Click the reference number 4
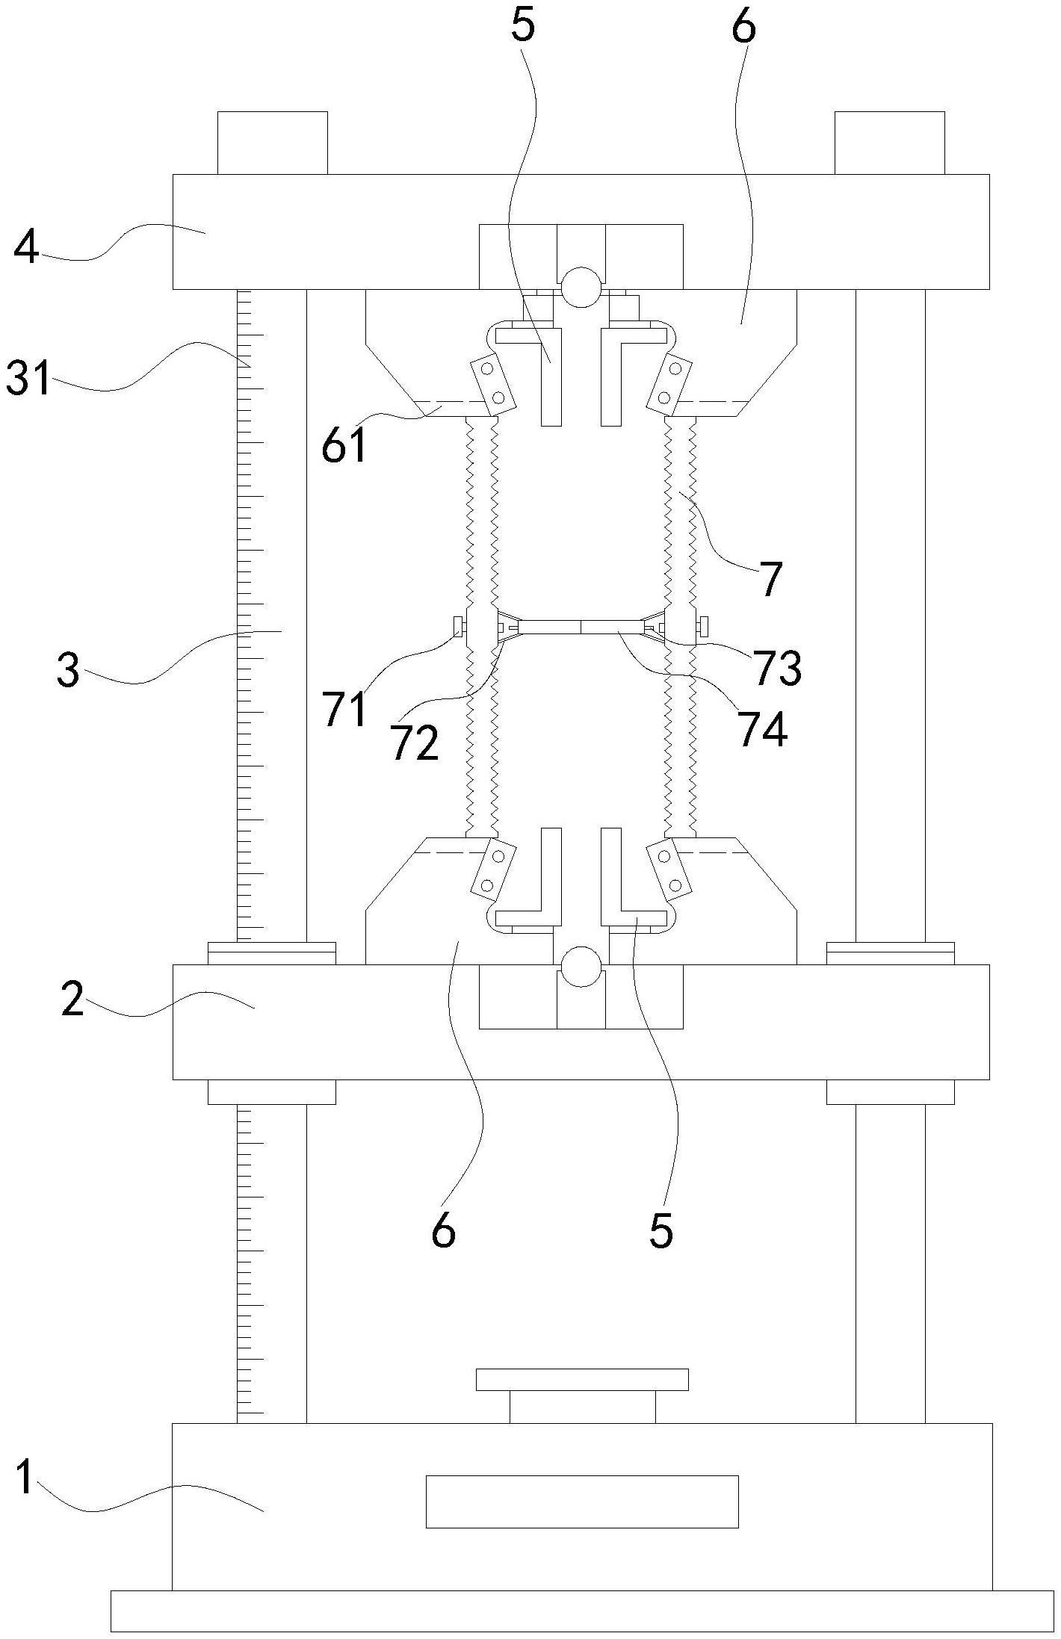(x=27, y=248)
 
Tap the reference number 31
(x=28, y=378)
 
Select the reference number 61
(x=344, y=446)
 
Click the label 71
(x=344, y=709)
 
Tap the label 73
(x=778, y=668)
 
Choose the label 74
(x=762, y=729)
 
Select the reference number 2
(x=73, y=999)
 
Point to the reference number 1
(x=25, y=1478)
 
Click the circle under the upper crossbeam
(x=581, y=288)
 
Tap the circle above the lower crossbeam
(x=581, y=967)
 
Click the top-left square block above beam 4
(x=272, y=143)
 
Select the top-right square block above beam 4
(x=889, y=143)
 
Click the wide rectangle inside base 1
(x=582, y=1502)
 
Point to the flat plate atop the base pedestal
(x=582, y=1380)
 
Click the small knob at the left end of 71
(x=458, y=628)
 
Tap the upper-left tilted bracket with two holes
(x=492, y=385)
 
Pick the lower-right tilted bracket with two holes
(x=670, y=870)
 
